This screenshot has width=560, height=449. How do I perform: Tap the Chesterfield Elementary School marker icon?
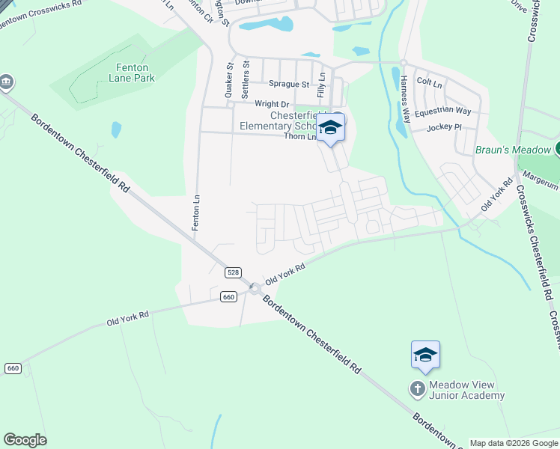coord(329,128)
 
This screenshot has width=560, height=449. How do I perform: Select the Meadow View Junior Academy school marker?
coord(424,355)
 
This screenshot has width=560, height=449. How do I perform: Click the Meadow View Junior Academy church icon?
coord(418,388)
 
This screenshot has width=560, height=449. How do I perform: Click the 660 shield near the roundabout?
coord(229,297)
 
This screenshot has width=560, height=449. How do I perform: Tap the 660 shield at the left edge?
coord(12,368)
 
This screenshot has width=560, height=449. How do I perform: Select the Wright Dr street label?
coord(272,104)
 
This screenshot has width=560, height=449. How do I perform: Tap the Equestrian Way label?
coord(442,111)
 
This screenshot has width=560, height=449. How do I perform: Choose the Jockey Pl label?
coord(445,128)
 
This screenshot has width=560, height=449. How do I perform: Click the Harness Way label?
coord(406,99)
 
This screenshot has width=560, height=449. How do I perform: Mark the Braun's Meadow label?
coord(512,150)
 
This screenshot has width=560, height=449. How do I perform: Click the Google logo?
coord(25,440)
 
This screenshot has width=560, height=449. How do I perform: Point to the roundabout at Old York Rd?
coord(255,288)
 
